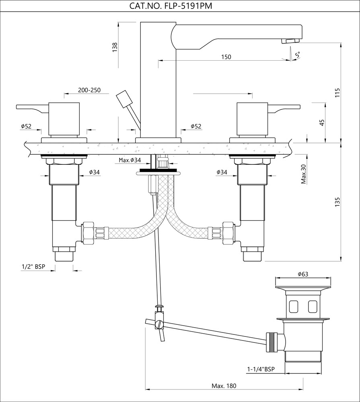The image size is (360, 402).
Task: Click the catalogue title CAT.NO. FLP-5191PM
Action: pos(179,6)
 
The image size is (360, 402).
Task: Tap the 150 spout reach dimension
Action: pos(226,57)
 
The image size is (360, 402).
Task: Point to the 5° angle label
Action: pos(298,54)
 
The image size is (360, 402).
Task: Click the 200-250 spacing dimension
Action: pos(89,90)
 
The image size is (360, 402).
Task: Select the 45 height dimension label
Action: pos(321,122)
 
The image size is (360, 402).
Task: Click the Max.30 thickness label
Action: pos(304,174)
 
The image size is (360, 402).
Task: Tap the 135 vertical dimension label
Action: pos(337,202)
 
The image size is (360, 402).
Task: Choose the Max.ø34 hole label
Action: pos(130,160)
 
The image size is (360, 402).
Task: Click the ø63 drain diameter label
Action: pos(303,274)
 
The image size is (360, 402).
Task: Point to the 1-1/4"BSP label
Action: pos(261,369)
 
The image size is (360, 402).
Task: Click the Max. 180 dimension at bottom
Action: pos(224,386)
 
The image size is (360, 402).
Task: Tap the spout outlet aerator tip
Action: pos(290,41)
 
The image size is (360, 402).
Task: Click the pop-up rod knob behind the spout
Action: pos(125,98)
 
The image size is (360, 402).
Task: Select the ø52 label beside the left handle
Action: pos(26,126)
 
